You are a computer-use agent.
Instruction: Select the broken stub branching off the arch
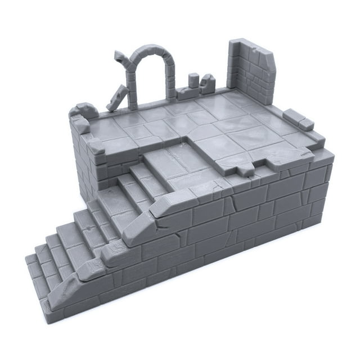pyautogui.click(x=120, y=57)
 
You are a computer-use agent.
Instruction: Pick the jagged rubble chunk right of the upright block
pyautogui.click(x=207, y=83)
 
